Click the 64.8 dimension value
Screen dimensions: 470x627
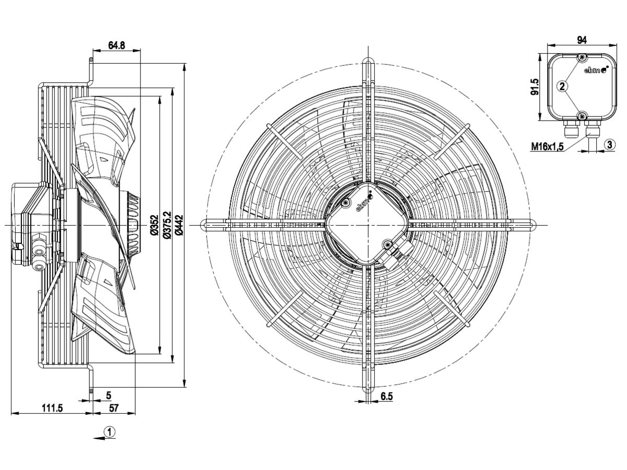pos(117,45)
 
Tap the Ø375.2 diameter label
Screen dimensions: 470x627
pos(167,225)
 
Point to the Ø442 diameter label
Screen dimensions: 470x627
pos(179,225)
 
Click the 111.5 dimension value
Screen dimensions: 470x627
pos(52,408)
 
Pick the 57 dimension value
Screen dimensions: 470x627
pos(113,408)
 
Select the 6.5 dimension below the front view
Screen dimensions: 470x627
pos(386,397)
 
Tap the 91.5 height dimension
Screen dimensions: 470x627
pos(534,87)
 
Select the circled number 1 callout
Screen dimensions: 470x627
pos(109,432)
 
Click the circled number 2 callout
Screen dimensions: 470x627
pos(562,87)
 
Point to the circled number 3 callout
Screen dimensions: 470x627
pos(609,144)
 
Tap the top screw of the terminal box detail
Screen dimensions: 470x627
pos(582,57)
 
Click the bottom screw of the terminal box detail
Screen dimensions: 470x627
pos(582,115)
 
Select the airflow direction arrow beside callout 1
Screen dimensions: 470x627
pos(98,439)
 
